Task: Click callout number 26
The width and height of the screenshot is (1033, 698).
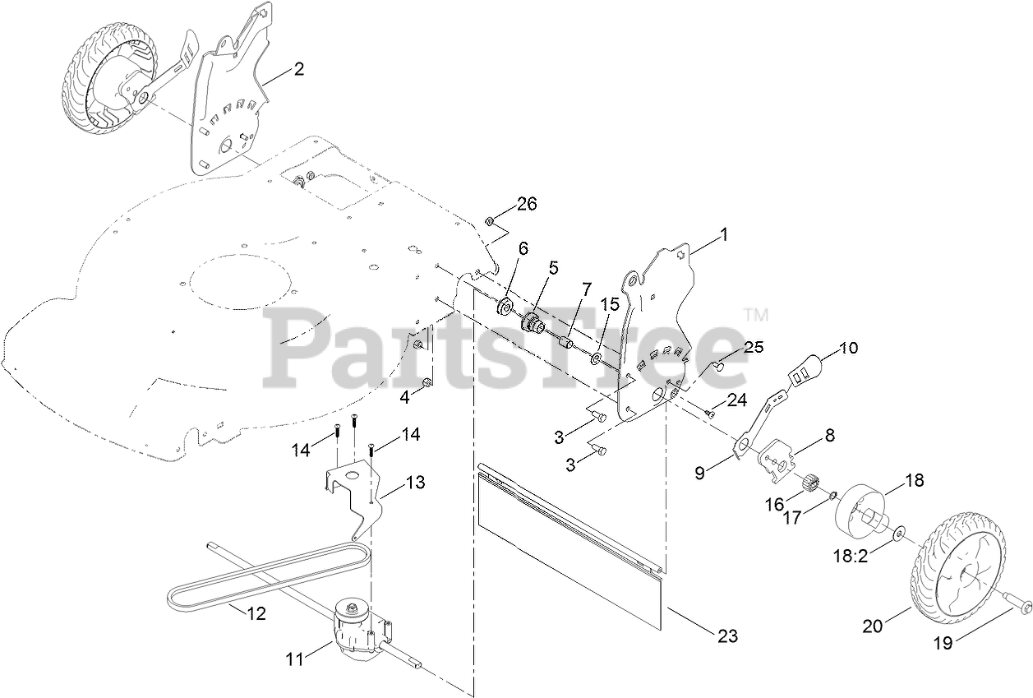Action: [x=527, y=203]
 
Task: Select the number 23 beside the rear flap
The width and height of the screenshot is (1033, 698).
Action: [x=727, y=636]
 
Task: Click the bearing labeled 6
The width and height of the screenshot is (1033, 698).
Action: [x=504, y=309]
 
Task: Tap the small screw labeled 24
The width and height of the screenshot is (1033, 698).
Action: [x=709, y=414]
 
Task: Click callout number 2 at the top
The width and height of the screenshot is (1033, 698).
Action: [x=298, y=70]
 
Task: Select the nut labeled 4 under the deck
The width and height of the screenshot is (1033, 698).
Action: [x=427, y=383]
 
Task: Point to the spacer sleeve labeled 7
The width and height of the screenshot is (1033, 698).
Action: [x=565, y=340]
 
